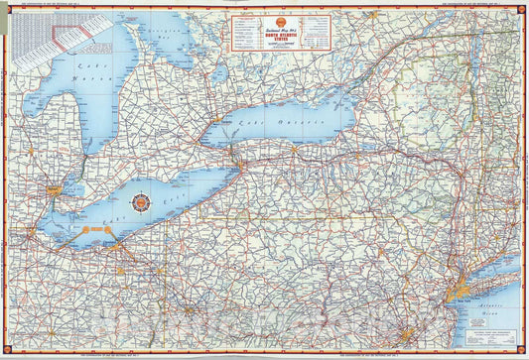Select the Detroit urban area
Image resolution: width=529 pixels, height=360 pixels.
tap(47, 188)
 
